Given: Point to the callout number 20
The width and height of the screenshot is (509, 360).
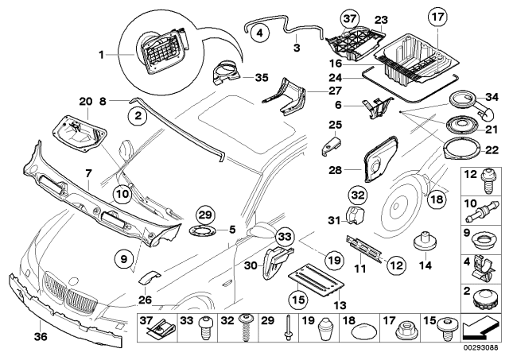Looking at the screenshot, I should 85,100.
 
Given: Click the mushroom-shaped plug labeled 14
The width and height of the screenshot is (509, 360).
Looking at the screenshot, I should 427,242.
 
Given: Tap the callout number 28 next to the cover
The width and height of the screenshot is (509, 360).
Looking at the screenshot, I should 336,170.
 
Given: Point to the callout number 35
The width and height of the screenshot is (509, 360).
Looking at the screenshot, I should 262,77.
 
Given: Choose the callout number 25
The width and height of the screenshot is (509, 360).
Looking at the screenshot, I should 336,125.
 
